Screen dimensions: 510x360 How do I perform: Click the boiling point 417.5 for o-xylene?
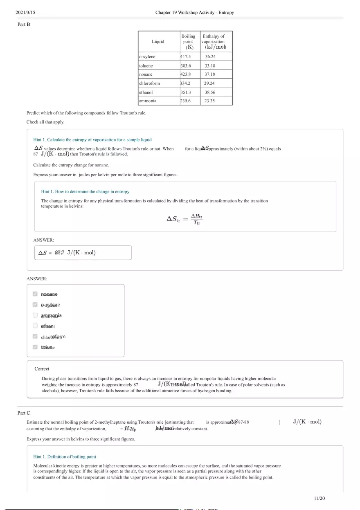tap(185, 56)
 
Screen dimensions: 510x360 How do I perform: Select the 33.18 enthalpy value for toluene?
tap(210, 65)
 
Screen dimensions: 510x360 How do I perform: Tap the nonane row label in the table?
tap(146, 74)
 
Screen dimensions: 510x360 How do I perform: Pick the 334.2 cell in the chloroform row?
tap(185, 83)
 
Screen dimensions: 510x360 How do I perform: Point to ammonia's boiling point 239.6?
tap(185, 101)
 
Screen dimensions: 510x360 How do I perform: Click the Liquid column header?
tap(158, 41)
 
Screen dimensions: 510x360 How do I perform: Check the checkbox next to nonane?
tap(35, 294)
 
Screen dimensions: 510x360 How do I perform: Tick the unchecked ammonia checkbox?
tap(35, 315)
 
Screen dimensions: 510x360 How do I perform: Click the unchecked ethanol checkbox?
tap(35, 326)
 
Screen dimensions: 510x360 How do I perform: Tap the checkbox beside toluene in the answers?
tap(35, 347)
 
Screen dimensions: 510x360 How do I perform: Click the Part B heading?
tap(24, 25)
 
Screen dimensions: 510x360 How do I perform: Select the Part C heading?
tap(24, 413)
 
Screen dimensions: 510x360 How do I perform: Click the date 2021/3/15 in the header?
tap(25, 13)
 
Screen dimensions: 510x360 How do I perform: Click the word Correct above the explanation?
tap(42, 368)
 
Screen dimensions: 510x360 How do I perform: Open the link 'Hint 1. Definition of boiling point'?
tap(65, 456)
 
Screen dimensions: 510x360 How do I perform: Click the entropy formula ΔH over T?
tap(184, 219)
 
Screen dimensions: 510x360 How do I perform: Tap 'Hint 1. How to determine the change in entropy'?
tap(85, 191)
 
